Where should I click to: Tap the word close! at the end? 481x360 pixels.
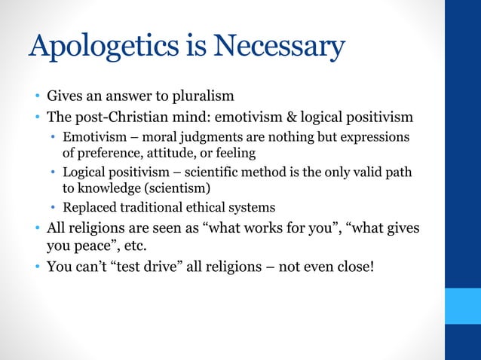[354, 265]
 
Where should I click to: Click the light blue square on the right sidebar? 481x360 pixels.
[462, 306]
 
